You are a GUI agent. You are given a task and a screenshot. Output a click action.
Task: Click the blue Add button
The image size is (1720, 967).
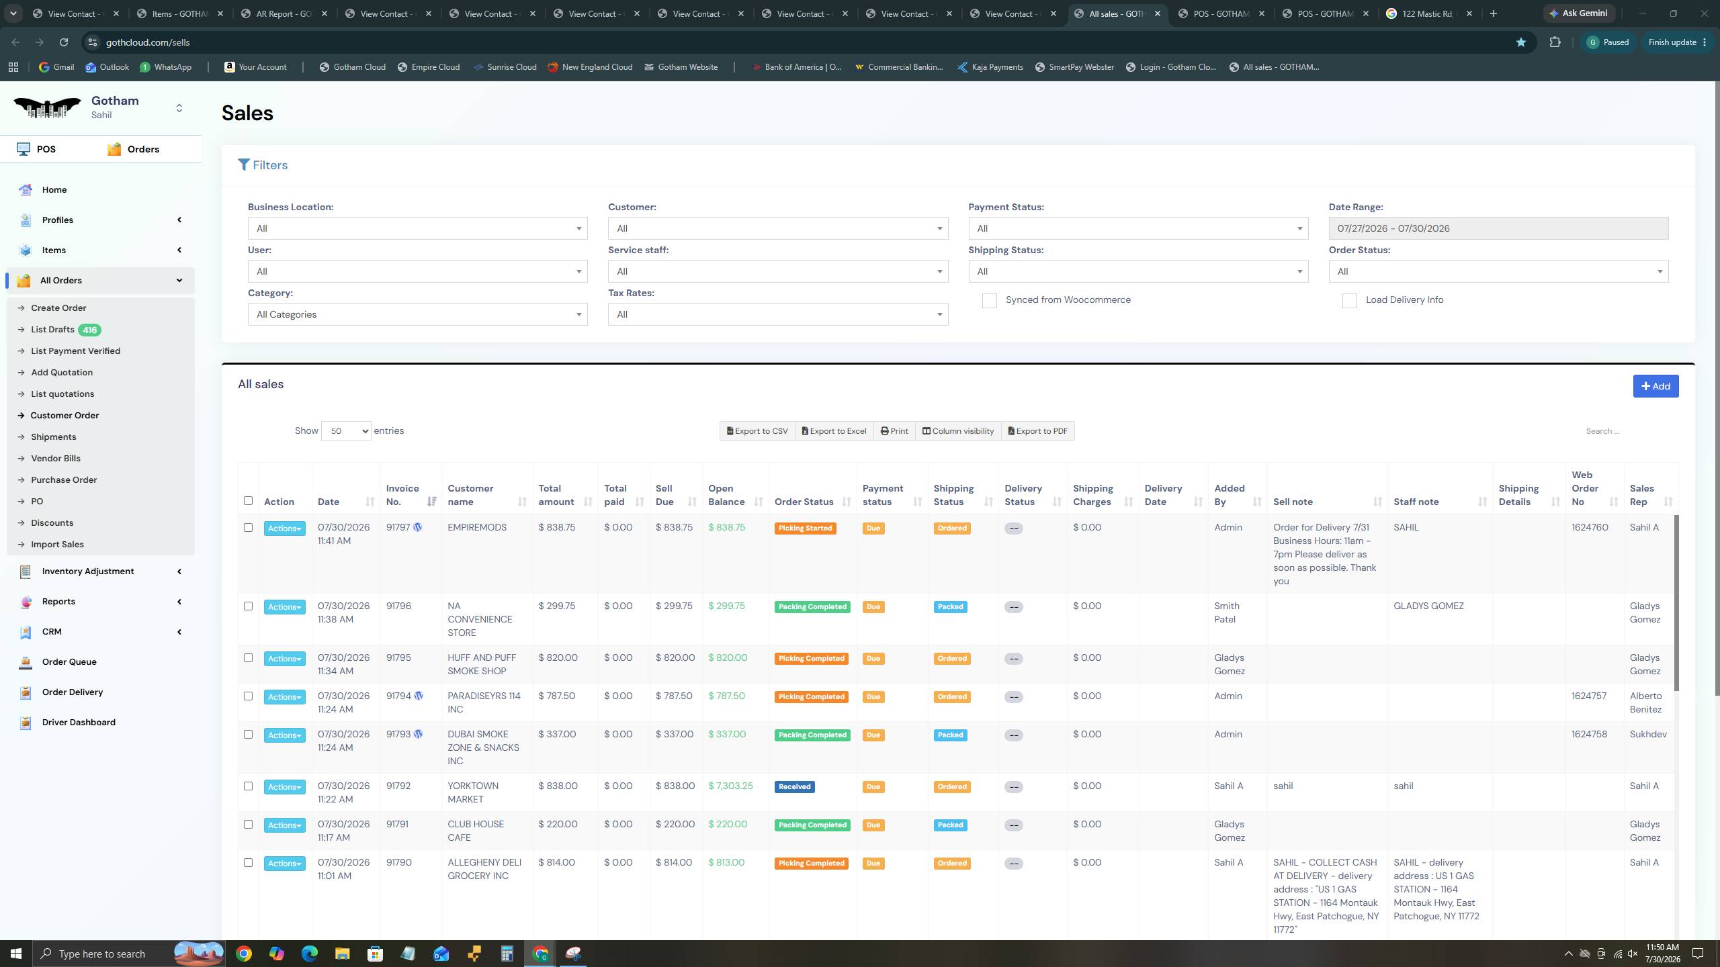click(x=1655, y=386)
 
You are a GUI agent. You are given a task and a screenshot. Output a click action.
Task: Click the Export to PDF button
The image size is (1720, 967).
click(x=1038, y=431)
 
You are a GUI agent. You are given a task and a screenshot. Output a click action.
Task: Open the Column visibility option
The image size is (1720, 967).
click(x=958, y=431)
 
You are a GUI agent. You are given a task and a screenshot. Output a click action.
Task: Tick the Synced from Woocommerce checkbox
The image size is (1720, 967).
click(x=989, y=301)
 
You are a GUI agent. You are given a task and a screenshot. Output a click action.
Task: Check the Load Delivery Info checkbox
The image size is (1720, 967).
click(x=1349, y=301)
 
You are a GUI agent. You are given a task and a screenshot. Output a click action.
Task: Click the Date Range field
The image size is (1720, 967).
click(x=1498, y=228)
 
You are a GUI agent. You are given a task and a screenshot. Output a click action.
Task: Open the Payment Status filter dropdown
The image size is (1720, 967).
click(x=1138, y=228)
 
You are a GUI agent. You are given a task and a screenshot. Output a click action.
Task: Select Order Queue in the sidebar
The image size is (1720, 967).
click(x=69, y=662)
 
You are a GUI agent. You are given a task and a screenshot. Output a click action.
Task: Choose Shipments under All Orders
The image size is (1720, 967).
click(x=54, y=437)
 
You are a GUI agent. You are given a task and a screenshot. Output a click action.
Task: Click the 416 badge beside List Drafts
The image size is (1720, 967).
click(x=89, y=330)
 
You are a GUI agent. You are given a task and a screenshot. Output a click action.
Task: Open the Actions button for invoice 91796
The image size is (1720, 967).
click(x=284, y=607)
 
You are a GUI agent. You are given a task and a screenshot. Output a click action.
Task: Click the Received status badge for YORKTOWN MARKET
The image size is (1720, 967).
click(x=794, y=787)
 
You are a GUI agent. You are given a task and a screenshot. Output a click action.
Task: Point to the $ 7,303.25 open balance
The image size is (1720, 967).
click(x=730, y=786)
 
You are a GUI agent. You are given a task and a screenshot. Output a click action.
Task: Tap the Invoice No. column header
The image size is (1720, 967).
click(x=403, y=495)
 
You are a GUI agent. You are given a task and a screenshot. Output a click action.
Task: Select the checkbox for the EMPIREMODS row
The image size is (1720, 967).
click(x=248, y=528)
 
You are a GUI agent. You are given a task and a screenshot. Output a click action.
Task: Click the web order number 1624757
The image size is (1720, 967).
click(x=1589, y=696)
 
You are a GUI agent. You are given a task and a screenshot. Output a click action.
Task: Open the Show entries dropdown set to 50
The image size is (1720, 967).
click(x=346, y=431)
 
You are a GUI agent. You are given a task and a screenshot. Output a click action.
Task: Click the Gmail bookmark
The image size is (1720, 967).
click(x=56, y=67)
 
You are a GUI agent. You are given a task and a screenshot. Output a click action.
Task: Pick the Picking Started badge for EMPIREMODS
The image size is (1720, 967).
click(x=805, y=528)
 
